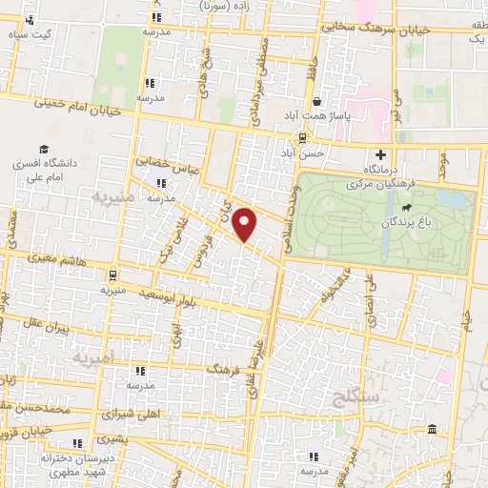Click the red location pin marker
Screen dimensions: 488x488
click(246, 224)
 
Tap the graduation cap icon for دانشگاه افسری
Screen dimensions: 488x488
click(44, 149)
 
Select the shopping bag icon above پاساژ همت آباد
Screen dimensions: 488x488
click(315, 101)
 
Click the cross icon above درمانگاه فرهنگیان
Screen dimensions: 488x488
click(381, 154)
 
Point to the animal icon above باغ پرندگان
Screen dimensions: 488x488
click(407, 208)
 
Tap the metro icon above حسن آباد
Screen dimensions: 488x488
click(302, 137)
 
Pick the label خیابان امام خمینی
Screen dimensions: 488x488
click(80, 108)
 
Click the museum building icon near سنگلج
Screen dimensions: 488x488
click(434, 431)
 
